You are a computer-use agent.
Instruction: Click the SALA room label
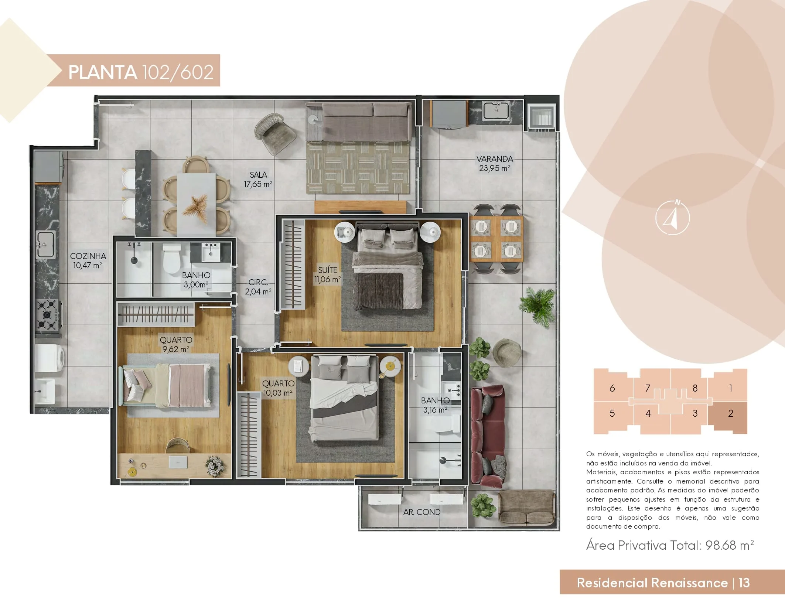tap(258, 175)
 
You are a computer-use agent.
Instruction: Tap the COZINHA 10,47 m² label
tap(88, 260)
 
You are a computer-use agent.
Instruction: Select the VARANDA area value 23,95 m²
tap(494, 168)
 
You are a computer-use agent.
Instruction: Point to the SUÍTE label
tap(327, 270)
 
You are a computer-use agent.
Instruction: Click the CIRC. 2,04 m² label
tap(258, 287)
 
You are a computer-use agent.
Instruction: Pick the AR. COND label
tap(422, 512)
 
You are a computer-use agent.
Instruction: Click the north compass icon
tap(673, 217)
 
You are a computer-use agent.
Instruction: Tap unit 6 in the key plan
tap(612, 388)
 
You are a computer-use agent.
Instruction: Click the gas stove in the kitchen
tap(47, 315)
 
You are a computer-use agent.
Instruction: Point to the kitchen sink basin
tap(45, 244)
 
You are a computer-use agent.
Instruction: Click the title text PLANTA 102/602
tap(141, 72)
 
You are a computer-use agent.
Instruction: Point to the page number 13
tap(744, 583)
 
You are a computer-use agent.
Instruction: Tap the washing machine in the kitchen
tap(50, 358)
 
